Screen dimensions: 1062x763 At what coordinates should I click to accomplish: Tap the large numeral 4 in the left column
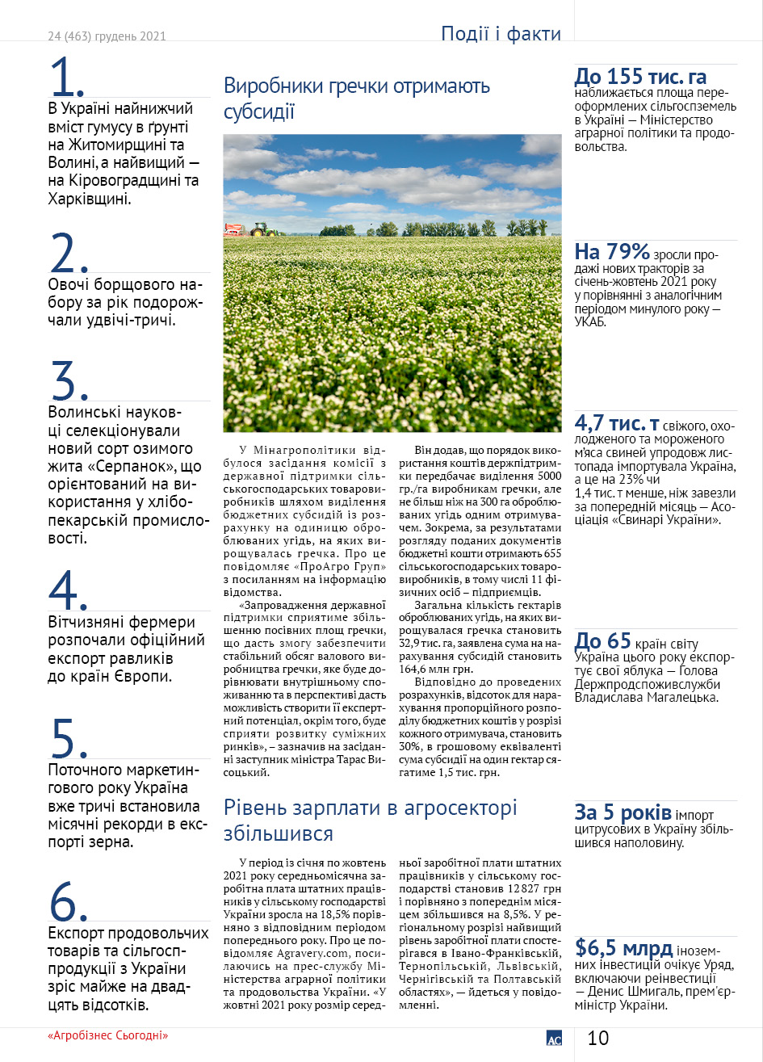pyautogui.click(x=68, y=591)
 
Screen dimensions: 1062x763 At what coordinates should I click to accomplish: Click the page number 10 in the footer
pyautogui.click(x=598, y=1038)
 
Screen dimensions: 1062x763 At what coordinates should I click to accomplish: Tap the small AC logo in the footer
pyautogui.click(x=554, y=1039)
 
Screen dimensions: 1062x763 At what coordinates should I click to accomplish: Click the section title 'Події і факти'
pyautogui.click(x=501, y=34)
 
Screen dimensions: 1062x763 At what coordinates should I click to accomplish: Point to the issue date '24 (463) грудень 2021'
pyautogui.click(x=107, y=36)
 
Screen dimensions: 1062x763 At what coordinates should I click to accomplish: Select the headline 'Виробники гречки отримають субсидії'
pyautogui.click(x=356, y=99)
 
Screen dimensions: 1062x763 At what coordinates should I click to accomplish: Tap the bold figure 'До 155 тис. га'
pyautogui.click(x=640, y=78)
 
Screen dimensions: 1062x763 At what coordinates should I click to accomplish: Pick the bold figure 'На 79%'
pyautogui.click(x=611, y=251)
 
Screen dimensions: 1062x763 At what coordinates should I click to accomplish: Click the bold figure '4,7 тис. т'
pyautogui.click(x=617, y=424)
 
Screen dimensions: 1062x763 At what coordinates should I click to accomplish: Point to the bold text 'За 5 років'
pyautogui.click(x=623, y=812)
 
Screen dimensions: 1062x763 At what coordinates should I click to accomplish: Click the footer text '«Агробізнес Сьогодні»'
pyautogui.click(x=112, y=1036)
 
